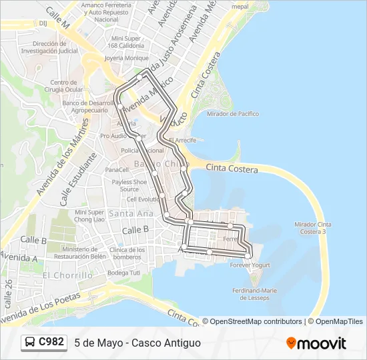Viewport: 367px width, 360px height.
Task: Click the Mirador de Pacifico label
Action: (x=232, y=114)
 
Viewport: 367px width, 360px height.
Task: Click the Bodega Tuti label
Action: (x=123, y=273)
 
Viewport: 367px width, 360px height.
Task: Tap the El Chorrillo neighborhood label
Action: (x=67, y=275)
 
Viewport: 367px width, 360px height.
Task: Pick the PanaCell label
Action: (x=116, y=169)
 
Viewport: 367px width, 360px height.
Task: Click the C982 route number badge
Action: (x=51, y=343)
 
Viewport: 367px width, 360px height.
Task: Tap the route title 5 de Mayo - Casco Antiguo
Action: (x=137, y=343)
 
